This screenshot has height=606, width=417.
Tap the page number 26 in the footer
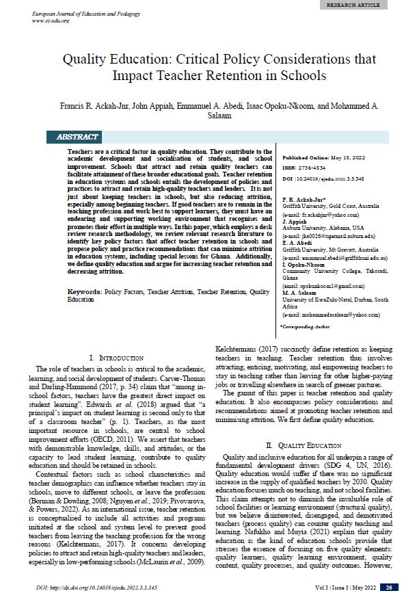click(x=388, y=587)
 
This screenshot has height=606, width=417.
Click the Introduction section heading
click(x=117, y=358)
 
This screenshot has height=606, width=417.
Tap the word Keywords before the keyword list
click(x=85, y=291)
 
